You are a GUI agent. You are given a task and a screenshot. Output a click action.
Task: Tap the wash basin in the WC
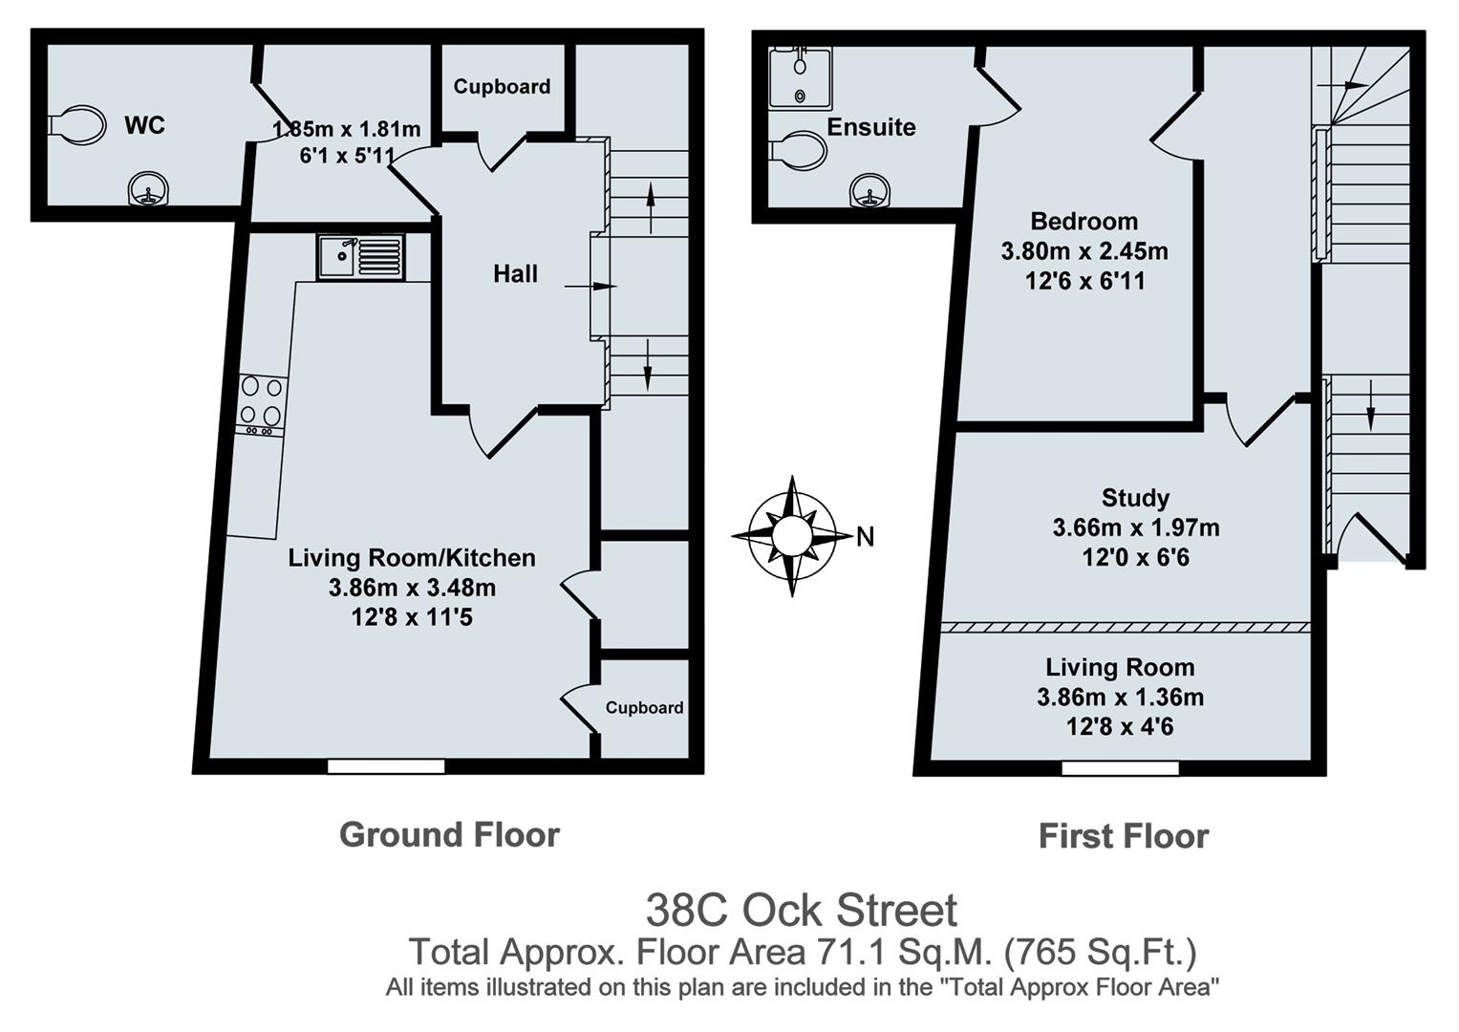pyautogui.click(x=146, y=189)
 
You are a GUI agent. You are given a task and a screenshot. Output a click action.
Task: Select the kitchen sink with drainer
pyautogui.click(x=361, y=256)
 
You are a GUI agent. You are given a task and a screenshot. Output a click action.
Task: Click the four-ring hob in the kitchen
pyautogui.click(x=261, y=402)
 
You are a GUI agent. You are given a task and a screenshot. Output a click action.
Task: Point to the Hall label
pyautogui.click(x=515, y=274)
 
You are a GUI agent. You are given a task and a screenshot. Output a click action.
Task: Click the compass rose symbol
pyautogui.click(x=791, y=535)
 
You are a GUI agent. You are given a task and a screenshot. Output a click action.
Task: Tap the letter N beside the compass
pyautogui.click(x=865, y=537)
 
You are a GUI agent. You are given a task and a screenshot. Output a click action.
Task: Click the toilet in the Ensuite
pyautogui.click(x=799, y=150)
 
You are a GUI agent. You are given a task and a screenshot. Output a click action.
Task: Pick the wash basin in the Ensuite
pyautogui.click(x=869, y=190)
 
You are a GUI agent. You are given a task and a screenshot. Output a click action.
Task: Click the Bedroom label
pyautogui.click(x=1084, y=222)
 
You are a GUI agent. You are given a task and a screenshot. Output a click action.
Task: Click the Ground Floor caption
pyautogui.click(x=449, y=835)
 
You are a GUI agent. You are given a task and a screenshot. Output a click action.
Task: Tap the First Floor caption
pyautogui.click(x=1123, y=837)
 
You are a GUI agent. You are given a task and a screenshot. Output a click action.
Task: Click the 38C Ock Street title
pyautogui.click(x=801, y=910)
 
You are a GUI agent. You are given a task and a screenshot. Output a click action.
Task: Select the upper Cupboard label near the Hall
pyautogui.click(x=502, y=87)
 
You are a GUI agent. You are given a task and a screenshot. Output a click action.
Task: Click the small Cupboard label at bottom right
pyautogui.click(x=644, y=708)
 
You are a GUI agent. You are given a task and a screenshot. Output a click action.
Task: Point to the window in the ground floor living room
pyautogui.click(x=386, y=765)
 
